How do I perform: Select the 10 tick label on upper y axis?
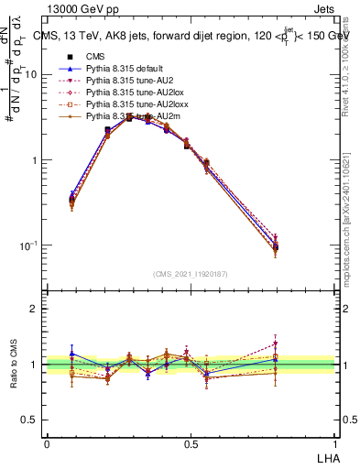pos(32,75)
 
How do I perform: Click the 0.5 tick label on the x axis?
pos(191,442)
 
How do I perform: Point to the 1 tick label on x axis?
pos(335,442)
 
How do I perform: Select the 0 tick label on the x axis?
pos(47,442)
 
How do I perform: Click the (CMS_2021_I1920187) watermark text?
pos(191,273)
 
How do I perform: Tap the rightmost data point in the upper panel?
pos(278,246)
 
